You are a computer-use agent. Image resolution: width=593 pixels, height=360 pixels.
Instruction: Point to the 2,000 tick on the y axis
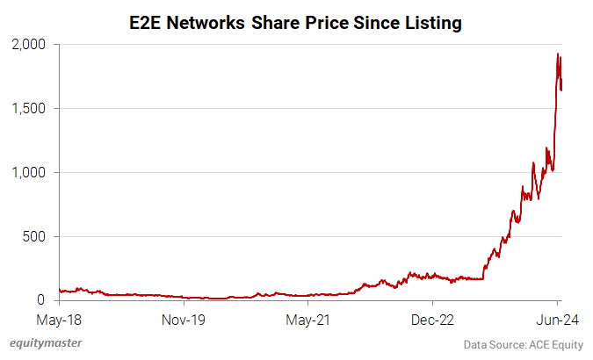coord(31,44)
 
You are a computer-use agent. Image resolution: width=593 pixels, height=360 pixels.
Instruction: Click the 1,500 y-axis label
coord(31,108)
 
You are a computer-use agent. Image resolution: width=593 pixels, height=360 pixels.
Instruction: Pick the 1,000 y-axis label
coord(31,172)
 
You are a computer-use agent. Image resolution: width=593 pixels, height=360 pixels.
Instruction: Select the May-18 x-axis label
coord(60,320)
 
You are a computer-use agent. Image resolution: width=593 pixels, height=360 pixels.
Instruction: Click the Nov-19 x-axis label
coord(184,320)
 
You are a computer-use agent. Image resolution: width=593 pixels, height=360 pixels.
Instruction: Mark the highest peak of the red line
coord(558,54)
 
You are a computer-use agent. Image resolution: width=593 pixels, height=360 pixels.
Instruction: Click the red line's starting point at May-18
coord(60,290)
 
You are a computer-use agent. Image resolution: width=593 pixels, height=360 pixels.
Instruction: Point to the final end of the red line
coord(562,89)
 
